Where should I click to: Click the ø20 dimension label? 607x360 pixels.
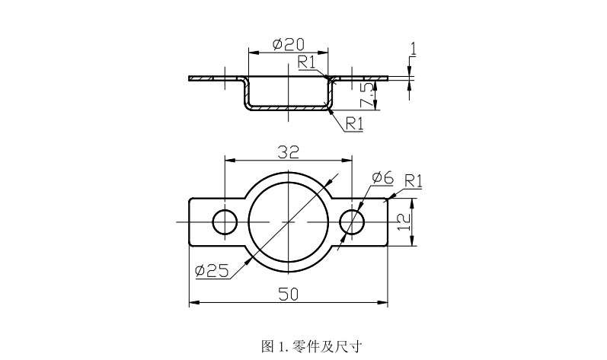[289, 43]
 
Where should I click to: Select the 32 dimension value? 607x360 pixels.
[288, 152]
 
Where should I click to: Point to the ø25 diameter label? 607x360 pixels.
[212, 269]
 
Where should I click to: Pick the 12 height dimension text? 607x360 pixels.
[404, 221]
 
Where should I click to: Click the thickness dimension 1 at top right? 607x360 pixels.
[413, 49]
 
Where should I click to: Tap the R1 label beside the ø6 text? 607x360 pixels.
[414, 180]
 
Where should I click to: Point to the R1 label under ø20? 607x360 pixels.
[307, 62]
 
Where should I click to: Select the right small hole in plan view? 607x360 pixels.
[352, 221]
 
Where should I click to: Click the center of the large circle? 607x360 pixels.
[288, 221]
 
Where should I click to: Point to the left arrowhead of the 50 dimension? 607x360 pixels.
[192, 303]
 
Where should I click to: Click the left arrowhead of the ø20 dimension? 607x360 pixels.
[252, 52]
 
